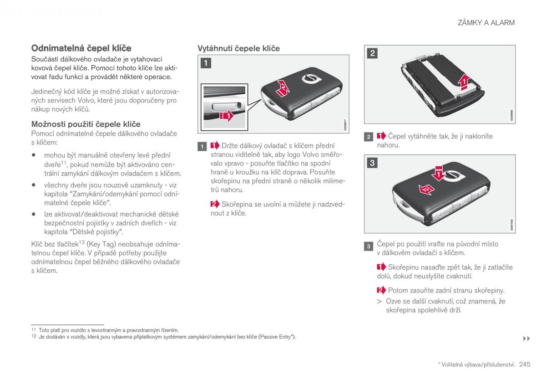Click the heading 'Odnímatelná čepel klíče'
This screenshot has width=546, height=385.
click(81, 48)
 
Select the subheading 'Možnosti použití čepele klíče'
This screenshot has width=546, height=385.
click(86, 124)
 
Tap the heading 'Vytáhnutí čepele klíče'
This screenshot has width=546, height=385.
click(238, 48)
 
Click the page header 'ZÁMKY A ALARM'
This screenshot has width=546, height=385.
click(486, 22)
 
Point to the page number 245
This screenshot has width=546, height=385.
click(525, 364)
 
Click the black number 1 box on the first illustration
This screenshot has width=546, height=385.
click(206, 63)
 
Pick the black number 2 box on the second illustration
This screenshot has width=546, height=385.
click(372, 53)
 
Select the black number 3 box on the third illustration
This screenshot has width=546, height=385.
click(372, 163)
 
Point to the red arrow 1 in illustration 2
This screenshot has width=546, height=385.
click(464, 82)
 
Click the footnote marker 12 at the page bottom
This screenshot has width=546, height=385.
click(33, 337)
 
